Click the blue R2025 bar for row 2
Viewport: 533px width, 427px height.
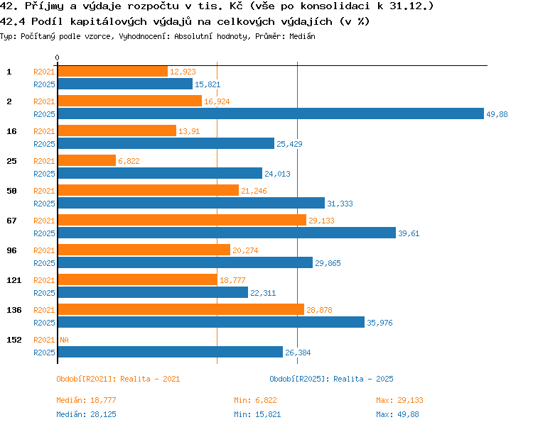point(271,113)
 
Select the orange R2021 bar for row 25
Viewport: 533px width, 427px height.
point(87,160)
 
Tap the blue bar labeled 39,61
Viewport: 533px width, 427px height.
point(227,233)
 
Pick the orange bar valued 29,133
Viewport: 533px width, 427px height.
point(182,220)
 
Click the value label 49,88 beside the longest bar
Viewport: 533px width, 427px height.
point(497,114)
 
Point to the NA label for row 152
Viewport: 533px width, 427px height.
point(64,340)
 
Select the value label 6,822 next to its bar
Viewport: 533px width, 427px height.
point(129,161)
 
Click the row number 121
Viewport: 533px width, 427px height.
point(14,280)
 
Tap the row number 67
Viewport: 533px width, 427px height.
point(11,221)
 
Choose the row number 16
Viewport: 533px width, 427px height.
point(11,131)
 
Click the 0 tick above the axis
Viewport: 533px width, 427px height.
point(57,57)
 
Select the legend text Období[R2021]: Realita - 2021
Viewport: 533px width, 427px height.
point(118,379)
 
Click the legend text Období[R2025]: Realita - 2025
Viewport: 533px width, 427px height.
point(331,379)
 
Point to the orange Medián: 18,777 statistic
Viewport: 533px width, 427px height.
point(86,400)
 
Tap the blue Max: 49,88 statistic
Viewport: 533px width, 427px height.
point(397,414)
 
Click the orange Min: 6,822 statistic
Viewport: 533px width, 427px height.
point(255,400)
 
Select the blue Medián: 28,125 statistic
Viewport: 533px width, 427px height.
point(86,414)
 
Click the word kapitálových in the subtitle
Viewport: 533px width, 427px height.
point(109,22)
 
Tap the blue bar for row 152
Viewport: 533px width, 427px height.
point(171,352)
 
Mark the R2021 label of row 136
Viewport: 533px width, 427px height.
point(44,310)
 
